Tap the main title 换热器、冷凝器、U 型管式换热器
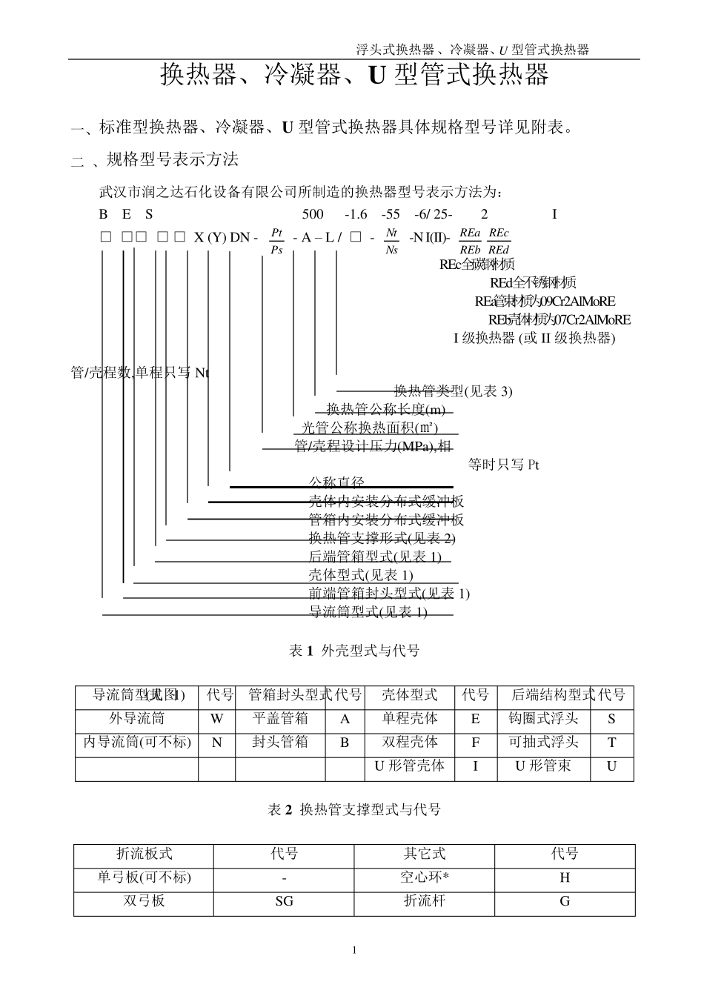click(x=355, y=75)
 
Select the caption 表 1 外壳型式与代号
click(x=354, y=651)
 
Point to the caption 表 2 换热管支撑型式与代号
click(x=354, y=810)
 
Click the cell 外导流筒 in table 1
click(x=136, y=719)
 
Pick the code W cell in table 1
click(x=216, y=719)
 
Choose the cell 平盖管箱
click(x=280, y=719)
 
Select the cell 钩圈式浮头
click(x=543, y=719)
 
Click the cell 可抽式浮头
click(x=543, y=743)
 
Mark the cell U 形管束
click(x=543, y=766)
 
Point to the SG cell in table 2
click(x=284, y=901)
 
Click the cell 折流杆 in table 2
click(x=425, y=901)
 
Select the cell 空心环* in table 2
click(x=425, y=877)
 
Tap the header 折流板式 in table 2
click(x=144, y=854)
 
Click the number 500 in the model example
click(x=313, y=214)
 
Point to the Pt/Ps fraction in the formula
click(x=276, y=241)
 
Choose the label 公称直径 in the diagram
click(x=336, y=482)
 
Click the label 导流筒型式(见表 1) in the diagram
click(x=368, y=611)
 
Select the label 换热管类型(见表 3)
click(x=453, y=391)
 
